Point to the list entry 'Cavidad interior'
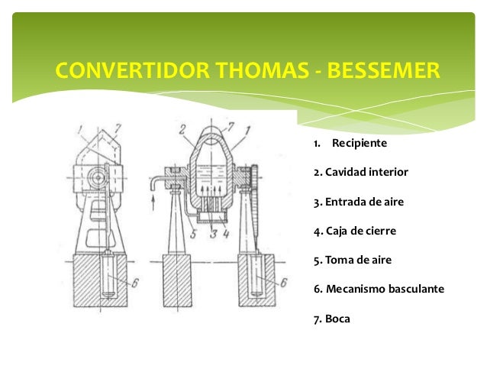tap(361, 173)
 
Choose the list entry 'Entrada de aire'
tap(358, 202)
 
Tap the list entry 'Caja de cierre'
tap(355, 231)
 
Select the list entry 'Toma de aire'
tap(353, 260)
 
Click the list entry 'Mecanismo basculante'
tap(379, 289)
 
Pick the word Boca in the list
tap(337, 318)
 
